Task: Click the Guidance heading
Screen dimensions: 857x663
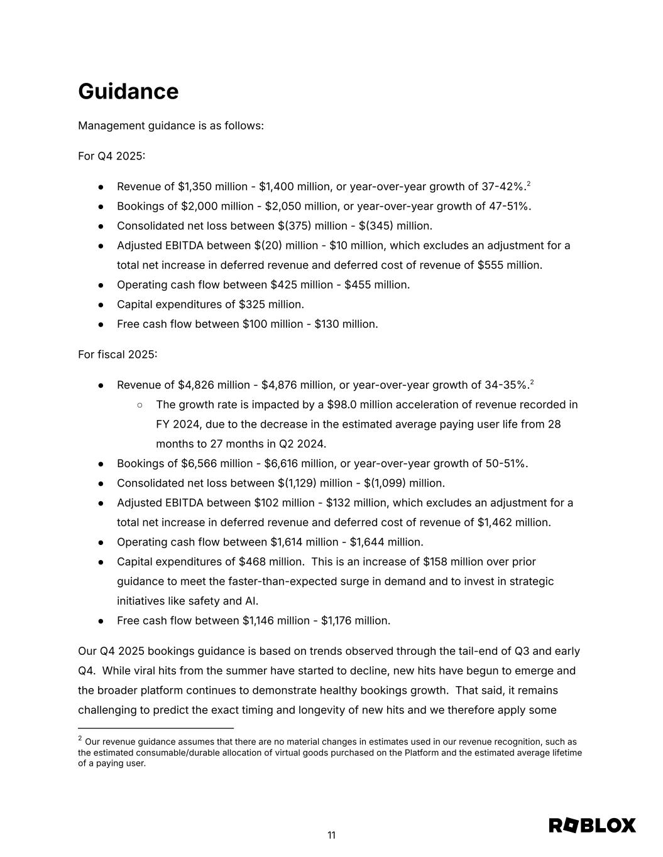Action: coord(128,92)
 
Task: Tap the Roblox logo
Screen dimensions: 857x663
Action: coord(592,825)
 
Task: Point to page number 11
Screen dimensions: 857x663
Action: coord(331,835)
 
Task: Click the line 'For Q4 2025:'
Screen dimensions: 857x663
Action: coord(111,156)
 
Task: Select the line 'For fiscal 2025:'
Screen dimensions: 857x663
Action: coord(118,355)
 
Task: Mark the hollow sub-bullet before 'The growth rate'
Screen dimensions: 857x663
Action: coord(140,405)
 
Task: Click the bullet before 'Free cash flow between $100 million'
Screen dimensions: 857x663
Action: coord(101,325)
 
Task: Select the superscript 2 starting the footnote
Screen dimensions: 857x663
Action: coord(80,739)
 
